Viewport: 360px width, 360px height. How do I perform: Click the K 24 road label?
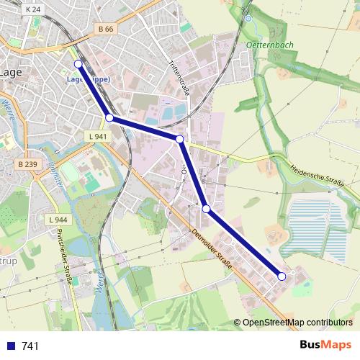[32, 10]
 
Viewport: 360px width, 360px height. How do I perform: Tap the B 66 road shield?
[105, 30]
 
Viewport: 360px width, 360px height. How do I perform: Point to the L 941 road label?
[96, 136]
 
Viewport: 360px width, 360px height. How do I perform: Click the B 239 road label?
[27, 165]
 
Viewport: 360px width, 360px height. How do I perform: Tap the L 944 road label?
[57, 219]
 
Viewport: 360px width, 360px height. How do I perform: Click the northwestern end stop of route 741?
[78, 64]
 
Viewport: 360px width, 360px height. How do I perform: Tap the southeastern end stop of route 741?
[282, 276]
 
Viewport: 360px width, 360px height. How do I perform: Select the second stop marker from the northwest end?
[109, 117]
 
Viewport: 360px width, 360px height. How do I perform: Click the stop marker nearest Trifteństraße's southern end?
[180, 138]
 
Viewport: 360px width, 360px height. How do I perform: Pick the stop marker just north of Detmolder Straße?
[207, 209]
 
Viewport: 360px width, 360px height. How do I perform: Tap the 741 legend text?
[30, 346]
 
